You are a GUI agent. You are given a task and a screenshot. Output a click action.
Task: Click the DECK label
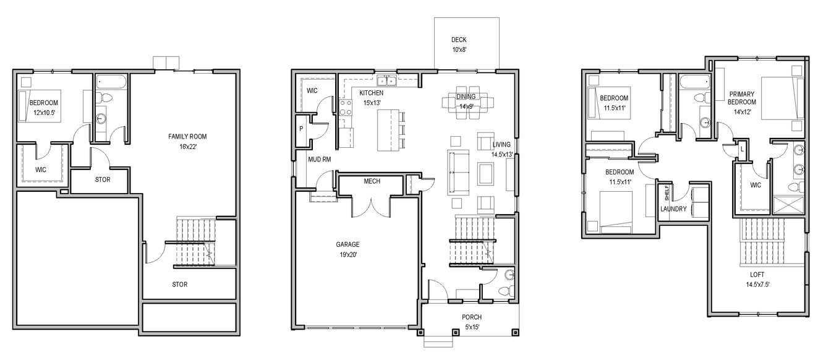[x=459, y=40]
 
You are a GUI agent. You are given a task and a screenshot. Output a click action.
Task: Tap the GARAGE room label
[x=347, y=244]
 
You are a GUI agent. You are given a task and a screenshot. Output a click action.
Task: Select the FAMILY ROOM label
[x=187, y=137]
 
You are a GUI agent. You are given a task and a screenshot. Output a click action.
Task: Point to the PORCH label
[x=472, y=317]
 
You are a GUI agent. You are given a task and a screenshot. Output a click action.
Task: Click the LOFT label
[x=757, y=275]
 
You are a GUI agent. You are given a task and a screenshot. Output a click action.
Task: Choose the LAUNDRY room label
[x=673, y=209]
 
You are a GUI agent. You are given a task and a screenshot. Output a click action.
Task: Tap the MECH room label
[x=372, y=181]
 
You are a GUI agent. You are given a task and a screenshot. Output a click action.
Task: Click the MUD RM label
[x=320, y=160]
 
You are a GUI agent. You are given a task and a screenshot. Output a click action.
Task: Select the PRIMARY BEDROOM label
[x=742, y=98]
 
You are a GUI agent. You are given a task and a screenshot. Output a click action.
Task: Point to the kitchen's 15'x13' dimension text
[x=372, y=103]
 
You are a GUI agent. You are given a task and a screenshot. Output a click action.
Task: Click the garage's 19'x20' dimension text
[x=348, y=254]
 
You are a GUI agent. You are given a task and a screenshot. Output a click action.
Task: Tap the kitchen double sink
[x=386, y=80]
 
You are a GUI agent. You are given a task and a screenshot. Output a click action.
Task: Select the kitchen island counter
[x=388, y=130]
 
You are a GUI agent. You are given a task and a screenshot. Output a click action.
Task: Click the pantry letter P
[x=301, y=129]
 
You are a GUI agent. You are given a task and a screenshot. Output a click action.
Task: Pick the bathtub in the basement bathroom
[x=111, y=82]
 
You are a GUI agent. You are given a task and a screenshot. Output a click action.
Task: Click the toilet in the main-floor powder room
[x=506, y=291]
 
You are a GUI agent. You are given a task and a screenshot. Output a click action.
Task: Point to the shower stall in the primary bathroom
[x=788, y=205]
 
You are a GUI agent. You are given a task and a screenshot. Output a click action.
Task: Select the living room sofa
[x=458, y=172]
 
